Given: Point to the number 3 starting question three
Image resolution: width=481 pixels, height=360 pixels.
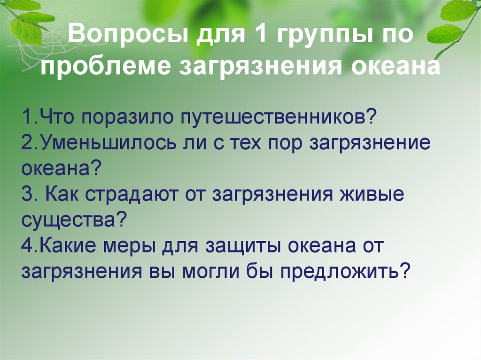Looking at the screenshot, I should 26,195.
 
